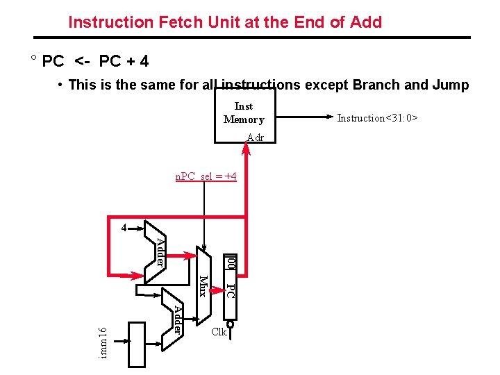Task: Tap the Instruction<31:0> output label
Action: click(x=377, y=118)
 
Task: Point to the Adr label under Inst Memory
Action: click(x=256, y=137)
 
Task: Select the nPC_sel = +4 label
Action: click(x=206, y=176)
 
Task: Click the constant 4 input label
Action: click(x=124, y=228)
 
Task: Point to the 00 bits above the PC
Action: click(x=231, y=263)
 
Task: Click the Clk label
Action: click(x=219, y=333)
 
